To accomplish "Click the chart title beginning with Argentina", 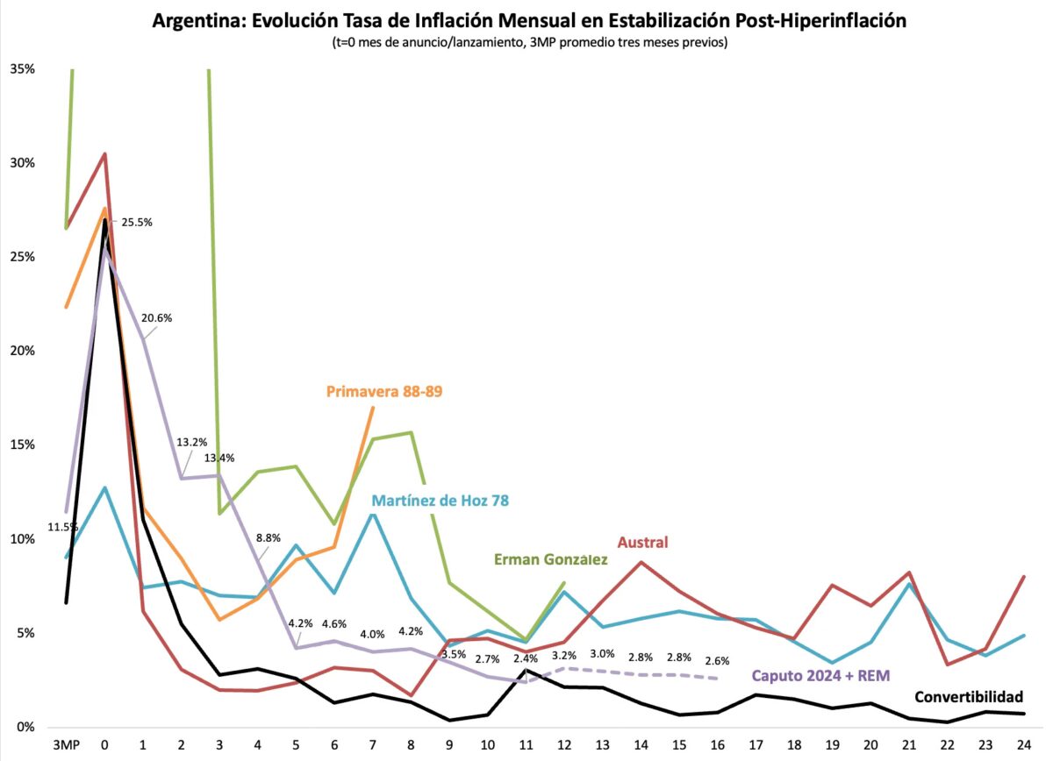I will click(529, 21).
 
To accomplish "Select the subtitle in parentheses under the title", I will click(529, 42).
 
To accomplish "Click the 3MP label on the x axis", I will click(67, 744).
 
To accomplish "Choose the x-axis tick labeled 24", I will click(1022, 744).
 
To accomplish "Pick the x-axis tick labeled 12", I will click(563, 744).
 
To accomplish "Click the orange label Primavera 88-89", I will click(384, 392).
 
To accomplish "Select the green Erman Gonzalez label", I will click(551, 558).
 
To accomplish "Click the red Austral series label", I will click(642, 543).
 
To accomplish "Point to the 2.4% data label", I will click(526, 658).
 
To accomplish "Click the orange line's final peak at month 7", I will click(373, 408).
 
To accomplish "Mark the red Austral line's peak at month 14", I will click(641, 562).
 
